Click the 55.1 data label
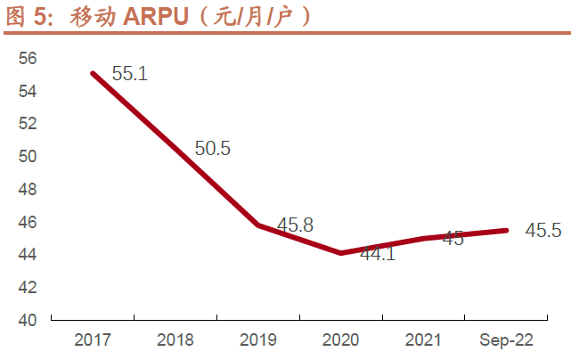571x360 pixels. pyautogui.click(x=129, y=75)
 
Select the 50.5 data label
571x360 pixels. pyautogui.click(x=213, y=149)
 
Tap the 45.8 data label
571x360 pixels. pyautogui.click(x=295, y=225)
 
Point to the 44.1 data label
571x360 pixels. pyautogui.click(x=378, y=254)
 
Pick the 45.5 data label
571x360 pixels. pyautogui.click(x=543, y=231)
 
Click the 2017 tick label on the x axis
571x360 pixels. pyautogui.click(x=93, y=340)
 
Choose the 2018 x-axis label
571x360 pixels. pyautogui.click(x=175, y=340)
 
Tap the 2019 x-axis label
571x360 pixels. pyautogui.click(x=258, y=340)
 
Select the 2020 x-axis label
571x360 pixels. pyautogui.click(x=341, y=340)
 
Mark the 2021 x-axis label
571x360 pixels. pyautogui.click(x=424, y=340)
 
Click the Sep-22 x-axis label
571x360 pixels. pyautogui.click(x=506, y=340)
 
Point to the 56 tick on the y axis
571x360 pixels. pyautogui.click(x=28, y=58)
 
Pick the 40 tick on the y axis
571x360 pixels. pyautogui.click(x=28, y=319)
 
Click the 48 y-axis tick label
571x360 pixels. pyautogui.click(x=28, y=189)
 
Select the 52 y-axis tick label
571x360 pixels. pyautogui.click(x=28, y=124)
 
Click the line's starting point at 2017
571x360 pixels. pyautogui.click(x=94, y=73)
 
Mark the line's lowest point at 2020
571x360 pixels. pyautogui.click(x=341, y=253)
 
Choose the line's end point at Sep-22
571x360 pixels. pyautogui.click(x=506, y=230)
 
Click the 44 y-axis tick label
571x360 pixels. pyautogui.click(x=28, y=254)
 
